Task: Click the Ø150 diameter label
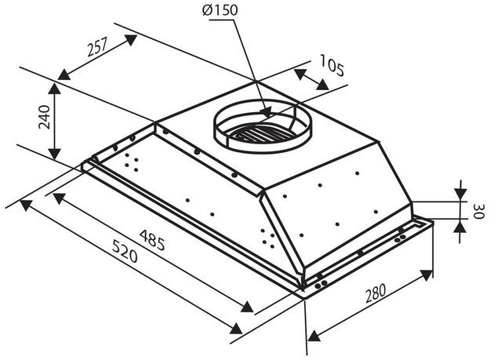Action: [x=220, y=10]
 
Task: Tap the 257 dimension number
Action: [x=97, y=47]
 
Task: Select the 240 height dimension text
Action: [x=44, y=117]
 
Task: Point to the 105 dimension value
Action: [x=332, y=65]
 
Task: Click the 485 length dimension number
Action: [x=152, y=240]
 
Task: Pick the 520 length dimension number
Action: [x=125, y=251]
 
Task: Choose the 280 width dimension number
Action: [x=376, y=293]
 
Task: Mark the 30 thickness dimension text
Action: [x=479, y=212]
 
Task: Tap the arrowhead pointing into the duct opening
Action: [x=266, y=112]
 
